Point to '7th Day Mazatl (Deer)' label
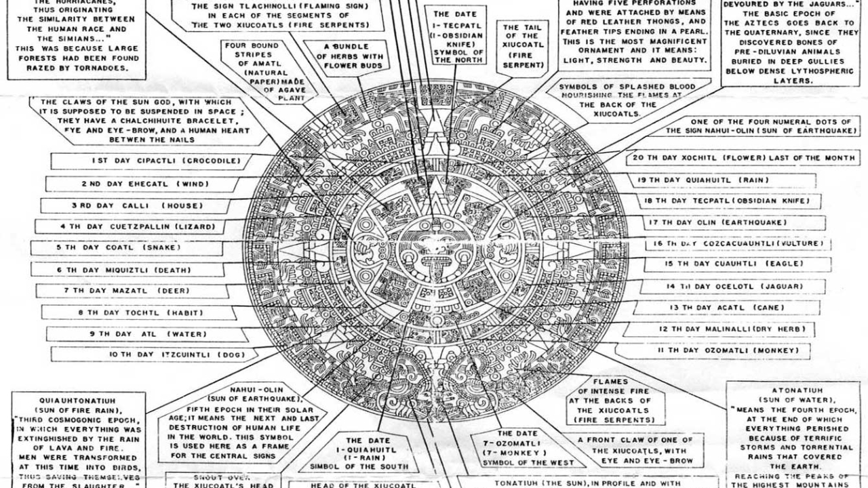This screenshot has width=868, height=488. (x=127, y=291)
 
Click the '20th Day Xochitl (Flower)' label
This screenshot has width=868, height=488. (x=743, y=158)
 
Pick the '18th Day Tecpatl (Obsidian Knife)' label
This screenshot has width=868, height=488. (x=729, y=201)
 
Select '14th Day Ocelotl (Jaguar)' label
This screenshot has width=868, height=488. (x=734, y=287)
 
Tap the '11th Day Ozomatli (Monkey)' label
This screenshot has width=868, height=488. (x=724, y=350)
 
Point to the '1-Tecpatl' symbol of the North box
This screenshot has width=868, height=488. (x=458, y=37)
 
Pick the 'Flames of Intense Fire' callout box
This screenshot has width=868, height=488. (x=606, y=401)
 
